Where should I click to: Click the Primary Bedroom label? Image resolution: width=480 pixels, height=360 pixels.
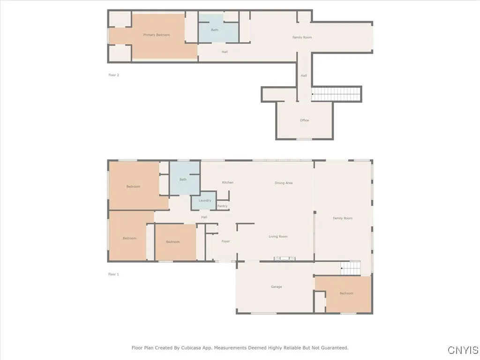coord(157,35)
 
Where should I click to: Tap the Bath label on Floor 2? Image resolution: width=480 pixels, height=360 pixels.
coord(214,30)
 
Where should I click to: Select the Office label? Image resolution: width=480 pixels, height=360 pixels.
coord(304,120)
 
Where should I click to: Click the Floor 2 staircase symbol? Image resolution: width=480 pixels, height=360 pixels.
coord(337,94)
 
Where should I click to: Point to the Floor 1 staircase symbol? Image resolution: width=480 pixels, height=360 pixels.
coord(350,268)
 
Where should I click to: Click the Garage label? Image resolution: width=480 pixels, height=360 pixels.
coord(276,287)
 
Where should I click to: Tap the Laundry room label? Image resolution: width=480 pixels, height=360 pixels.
coord(205,201)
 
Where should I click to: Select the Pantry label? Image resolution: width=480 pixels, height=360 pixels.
coord(222,206)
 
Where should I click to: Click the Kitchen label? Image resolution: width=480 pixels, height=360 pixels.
coord(228,182)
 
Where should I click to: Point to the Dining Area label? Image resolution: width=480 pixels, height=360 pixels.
coord(284,183)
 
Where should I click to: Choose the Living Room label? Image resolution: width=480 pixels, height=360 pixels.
coord(278,237)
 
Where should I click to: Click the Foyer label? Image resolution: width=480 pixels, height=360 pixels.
coord(226,241)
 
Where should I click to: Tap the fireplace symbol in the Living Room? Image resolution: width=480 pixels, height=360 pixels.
coord(285,258)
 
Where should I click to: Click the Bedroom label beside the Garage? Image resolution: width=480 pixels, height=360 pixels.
coord(346,293)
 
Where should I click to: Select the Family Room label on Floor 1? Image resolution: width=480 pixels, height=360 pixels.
coord(343,218)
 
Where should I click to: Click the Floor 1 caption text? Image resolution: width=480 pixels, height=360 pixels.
coord(113,274)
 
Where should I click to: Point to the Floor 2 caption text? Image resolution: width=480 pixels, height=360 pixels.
coord(113,75)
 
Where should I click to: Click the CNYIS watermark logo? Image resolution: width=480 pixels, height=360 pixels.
coord(463,350)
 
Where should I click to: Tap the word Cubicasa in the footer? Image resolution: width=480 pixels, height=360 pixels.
coord(203,348)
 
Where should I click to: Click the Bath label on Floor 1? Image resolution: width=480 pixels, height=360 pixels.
coord(183,180)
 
